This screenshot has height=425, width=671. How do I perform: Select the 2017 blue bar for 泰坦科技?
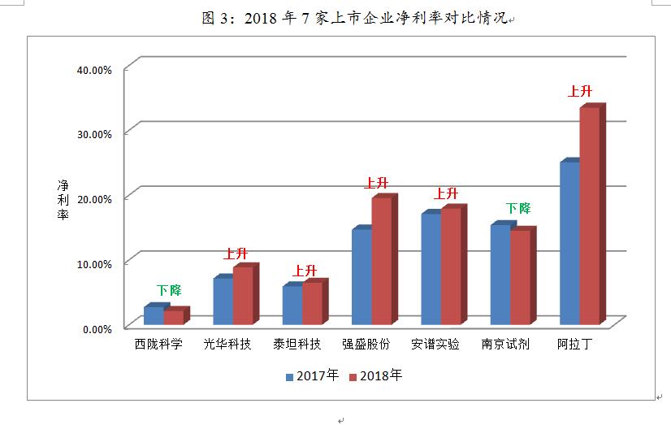pyautogui.click(x=292, y=306)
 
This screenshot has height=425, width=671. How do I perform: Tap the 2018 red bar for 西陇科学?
pyautogui.click(x=173, y=318)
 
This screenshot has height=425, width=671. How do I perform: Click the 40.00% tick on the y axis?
pyautogui.click(x=93, y=70)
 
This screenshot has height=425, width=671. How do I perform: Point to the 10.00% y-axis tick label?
pyautogui.click(x=93, y=264)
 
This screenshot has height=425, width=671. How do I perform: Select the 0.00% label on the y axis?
pyautogui.click(x=97, y=329)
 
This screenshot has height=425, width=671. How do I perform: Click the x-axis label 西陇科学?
pyautogui.click(x=158, y=344)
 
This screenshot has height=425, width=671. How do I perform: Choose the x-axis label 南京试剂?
pyautogui.click(x=505, y=344)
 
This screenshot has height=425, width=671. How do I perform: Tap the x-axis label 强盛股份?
pyautogui.click(x=366, y=344)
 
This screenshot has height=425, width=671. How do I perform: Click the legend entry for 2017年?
pyautogui.click(x=311, y=375)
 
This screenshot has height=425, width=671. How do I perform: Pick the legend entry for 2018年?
pyautogui.click(x=374, y=375)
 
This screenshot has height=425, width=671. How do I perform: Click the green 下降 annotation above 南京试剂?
pyautogui.click(x=517, y=209)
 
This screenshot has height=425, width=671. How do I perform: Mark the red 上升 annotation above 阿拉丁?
pyautogui.click(x=579, y=91)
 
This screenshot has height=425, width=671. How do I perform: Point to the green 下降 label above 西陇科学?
pyautogui.click(x=169, y=290)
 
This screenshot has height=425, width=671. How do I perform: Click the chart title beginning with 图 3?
pyautogui.click(x=354, y=19)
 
